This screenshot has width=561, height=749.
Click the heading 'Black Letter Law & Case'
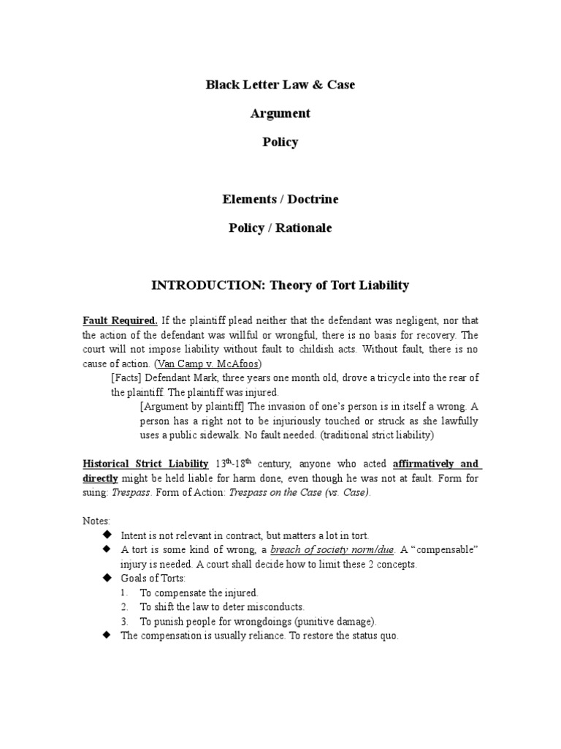(x=280, y=85)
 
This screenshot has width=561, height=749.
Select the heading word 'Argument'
(x=280, y=113)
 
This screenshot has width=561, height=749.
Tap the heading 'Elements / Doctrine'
(x=280, y=199)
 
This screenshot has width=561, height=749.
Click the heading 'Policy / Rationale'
(x=280, y=227)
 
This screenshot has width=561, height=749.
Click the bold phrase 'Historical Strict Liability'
(x=145, y=464)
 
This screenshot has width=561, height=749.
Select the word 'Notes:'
(x=96, y=521)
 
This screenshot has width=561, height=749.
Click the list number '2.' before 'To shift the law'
(x=125, y=606)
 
